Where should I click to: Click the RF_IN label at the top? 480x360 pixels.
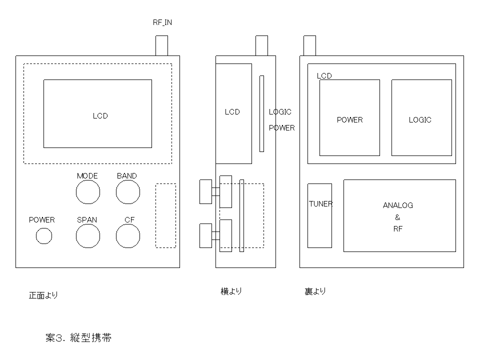tap(162, 22)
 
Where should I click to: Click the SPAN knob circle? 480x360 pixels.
tap(87, 235)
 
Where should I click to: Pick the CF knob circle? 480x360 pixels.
tap(127, 235)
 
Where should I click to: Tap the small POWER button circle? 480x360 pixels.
tap(44, 235)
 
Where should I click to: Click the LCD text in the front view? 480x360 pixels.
tap(100, 116)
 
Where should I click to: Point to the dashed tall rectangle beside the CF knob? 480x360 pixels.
tap(165, 215)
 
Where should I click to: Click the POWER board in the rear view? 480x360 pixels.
tap(349, 120)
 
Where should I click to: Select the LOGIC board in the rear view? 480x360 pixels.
tap(420, 120)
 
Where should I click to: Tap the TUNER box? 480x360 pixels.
tap(319, 215)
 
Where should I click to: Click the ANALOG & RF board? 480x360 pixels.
tap(399, 216)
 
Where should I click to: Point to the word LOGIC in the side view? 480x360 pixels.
tap(280, 112)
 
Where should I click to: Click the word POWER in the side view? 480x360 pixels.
tap(282, 128)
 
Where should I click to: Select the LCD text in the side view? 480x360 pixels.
tap(232, 112)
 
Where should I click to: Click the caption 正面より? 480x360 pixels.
tap(43, 295)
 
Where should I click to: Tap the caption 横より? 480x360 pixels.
tap(231, 291)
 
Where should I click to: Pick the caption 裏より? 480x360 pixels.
tap(315, 291)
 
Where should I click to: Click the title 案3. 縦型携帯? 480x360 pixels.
tap(78, 338)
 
